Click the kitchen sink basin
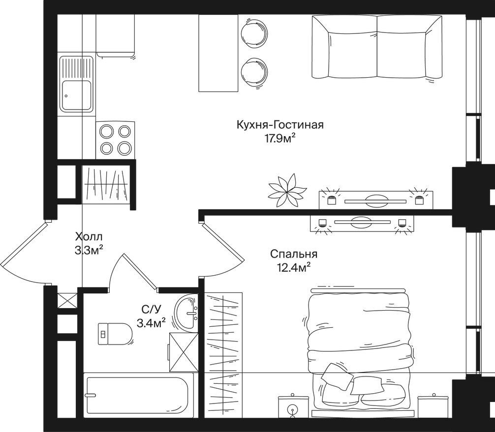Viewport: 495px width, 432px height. click(x=77, y=95)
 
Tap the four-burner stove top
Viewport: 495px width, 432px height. click(x=115, y=140)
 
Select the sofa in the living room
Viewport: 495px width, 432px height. click(x=377, y=47)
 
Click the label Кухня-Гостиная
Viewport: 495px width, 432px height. click(x=280, y=125)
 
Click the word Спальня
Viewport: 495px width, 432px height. click(x=294, y=254)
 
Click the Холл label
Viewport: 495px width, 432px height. click(x=89, y=236)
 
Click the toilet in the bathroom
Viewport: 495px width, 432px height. click(x=115, y=334)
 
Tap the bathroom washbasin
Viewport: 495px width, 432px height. click(x=187, y=313)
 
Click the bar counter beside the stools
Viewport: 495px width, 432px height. click(x=218, y=53)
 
